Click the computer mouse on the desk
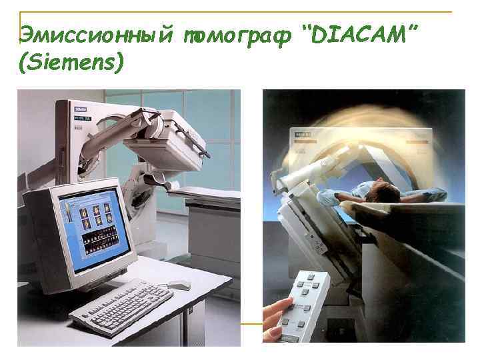pos(179,285)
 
